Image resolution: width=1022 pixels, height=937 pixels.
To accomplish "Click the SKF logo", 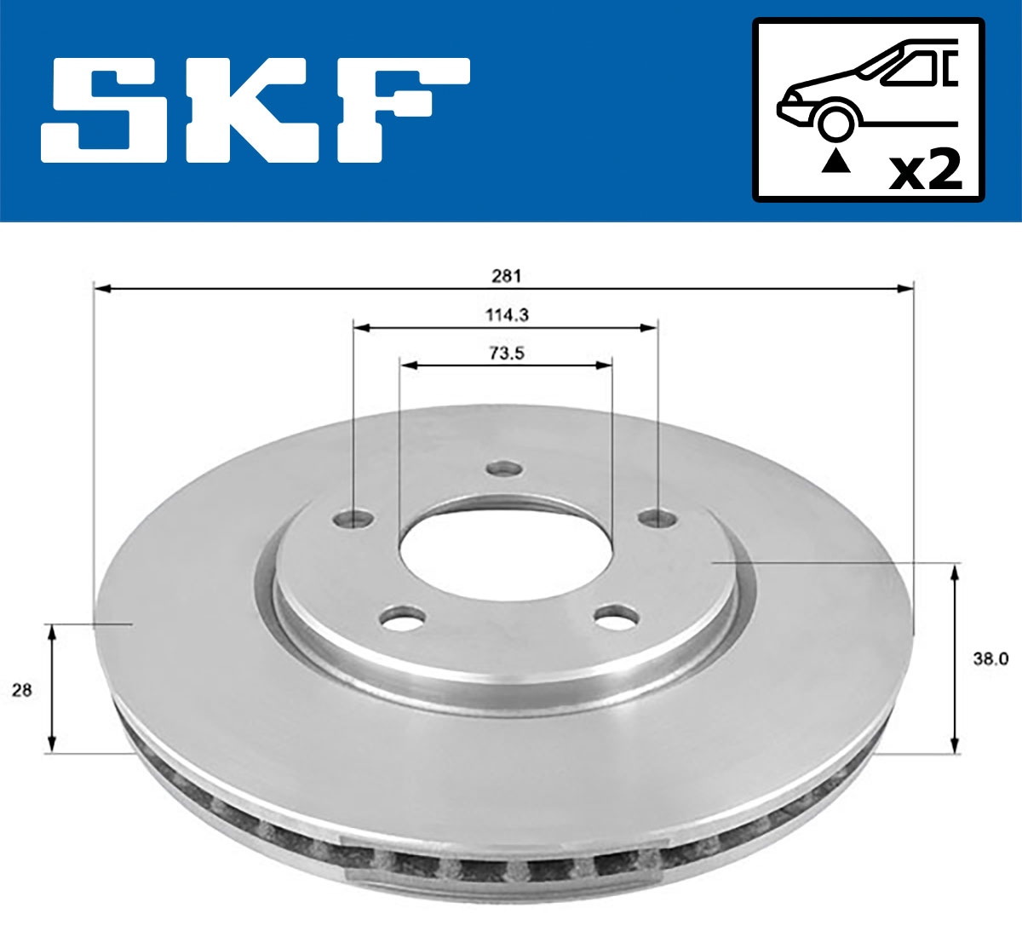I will (x=255, y=111).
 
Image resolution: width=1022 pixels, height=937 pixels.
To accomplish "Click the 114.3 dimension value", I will (x=507, y=314).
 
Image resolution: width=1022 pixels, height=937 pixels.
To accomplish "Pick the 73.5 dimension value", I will (x=507, y=353).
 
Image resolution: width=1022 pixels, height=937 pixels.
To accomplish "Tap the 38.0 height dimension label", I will (x=990, y=658).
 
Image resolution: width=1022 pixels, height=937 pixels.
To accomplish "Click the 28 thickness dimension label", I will (x=21, y=690).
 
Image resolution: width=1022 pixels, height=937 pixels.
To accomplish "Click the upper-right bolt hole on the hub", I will (x=657, y=517).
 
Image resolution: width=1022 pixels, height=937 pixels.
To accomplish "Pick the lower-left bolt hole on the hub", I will (x=403, y=618).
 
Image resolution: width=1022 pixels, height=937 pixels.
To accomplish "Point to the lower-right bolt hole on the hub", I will (x=617, y=617).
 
